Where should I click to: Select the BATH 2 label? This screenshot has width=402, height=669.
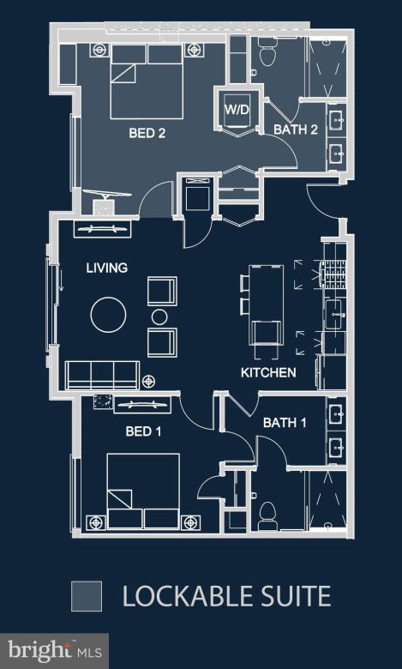click(296, 130)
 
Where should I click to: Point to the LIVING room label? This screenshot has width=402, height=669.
click(106, 268)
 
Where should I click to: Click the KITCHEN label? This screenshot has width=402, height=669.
click(267, 372)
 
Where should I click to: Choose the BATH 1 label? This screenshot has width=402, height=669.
click(285, 423)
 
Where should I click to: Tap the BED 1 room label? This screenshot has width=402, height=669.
click(145, 431)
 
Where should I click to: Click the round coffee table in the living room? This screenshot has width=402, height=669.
click(110, 315)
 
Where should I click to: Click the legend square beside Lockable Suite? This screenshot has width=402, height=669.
click(87, 595)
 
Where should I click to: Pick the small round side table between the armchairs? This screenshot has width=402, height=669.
click(159, 317)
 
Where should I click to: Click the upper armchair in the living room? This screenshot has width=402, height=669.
click(162, 292)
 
